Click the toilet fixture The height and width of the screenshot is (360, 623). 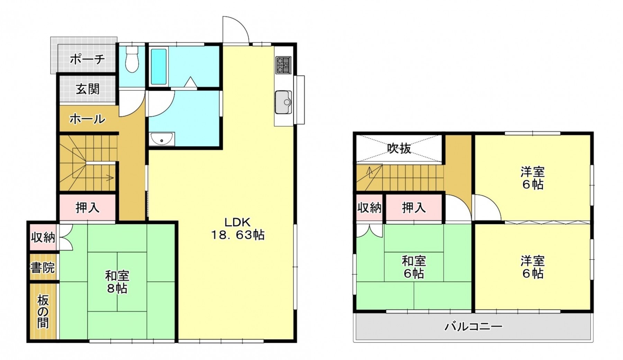[x=132, y=60]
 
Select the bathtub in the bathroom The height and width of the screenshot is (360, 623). [x=159, y=67]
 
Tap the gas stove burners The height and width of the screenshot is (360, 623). [x=283, y=65]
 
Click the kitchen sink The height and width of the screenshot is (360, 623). [x=283, y=102]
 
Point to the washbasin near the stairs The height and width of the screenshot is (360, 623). [x=162, y=139]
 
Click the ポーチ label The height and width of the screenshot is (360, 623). [x=87, y=59]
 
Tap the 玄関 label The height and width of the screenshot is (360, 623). [x=88, y=89]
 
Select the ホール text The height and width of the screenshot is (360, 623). [x=87, y=119]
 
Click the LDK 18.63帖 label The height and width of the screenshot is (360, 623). [x=237, y=228]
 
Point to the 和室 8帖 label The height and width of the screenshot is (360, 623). [x=117, y=282]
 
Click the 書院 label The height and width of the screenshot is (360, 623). [x=43, y=268]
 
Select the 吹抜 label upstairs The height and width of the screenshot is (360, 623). [x=399, y=148]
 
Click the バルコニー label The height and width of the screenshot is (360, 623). [x=473, y=326]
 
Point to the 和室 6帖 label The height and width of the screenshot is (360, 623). [x=414, y=267]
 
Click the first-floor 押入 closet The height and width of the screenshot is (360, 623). [x=88, y=208]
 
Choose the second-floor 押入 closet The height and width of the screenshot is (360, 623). [x=414, y=208]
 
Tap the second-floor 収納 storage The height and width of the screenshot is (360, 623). [x=369, y=208]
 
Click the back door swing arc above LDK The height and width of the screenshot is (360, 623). [x=235, y=29]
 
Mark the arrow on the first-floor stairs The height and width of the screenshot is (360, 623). [x=109, y=178]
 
